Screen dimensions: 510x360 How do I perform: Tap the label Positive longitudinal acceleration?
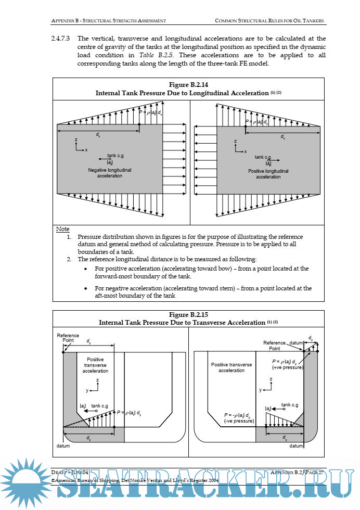point(268,174)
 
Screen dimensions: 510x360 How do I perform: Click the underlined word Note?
point(62,229)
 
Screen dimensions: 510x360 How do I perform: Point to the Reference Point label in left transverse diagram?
point(68,338)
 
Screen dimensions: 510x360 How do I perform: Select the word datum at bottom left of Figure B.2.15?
point(63,446)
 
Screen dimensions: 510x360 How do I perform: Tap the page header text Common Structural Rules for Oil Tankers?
point(269,21)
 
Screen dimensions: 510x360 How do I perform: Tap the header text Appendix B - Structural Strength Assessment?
point(109,21)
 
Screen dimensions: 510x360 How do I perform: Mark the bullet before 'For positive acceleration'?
point(86,269)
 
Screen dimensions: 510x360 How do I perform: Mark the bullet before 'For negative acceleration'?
point(86,288)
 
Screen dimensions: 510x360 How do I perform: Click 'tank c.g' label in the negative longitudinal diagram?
point(115,156)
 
